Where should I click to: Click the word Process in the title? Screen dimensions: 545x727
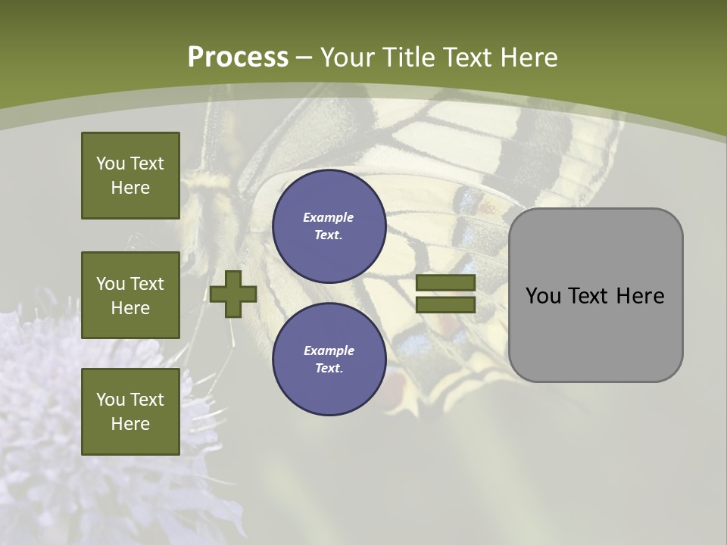coord(238,58)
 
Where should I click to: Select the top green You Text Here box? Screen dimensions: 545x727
coord(130,176)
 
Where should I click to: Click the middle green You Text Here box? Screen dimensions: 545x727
coord(130,295)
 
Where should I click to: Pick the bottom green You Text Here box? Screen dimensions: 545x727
coord(130,411)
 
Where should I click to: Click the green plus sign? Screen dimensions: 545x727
coord(233,294)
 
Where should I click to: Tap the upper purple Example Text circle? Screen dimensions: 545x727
coord(329,226)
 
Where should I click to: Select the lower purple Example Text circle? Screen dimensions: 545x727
coord(329,359)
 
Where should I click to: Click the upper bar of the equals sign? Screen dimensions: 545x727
coord(445,283)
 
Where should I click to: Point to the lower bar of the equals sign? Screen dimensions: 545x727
coord(445,304)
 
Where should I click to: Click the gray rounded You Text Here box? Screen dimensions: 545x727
coord(595,295)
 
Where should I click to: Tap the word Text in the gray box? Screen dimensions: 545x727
coord(589,296)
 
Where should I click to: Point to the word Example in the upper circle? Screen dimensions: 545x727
coord(329,217)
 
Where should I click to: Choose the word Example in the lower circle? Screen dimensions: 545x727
coord(329,350)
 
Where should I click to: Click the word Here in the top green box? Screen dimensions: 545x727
coord(130,188)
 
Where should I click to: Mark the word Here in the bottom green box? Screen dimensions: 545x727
coord(130,424)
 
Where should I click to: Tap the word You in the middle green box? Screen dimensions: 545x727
coord(111,284)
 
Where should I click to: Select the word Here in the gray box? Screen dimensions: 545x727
coord(640,296)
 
